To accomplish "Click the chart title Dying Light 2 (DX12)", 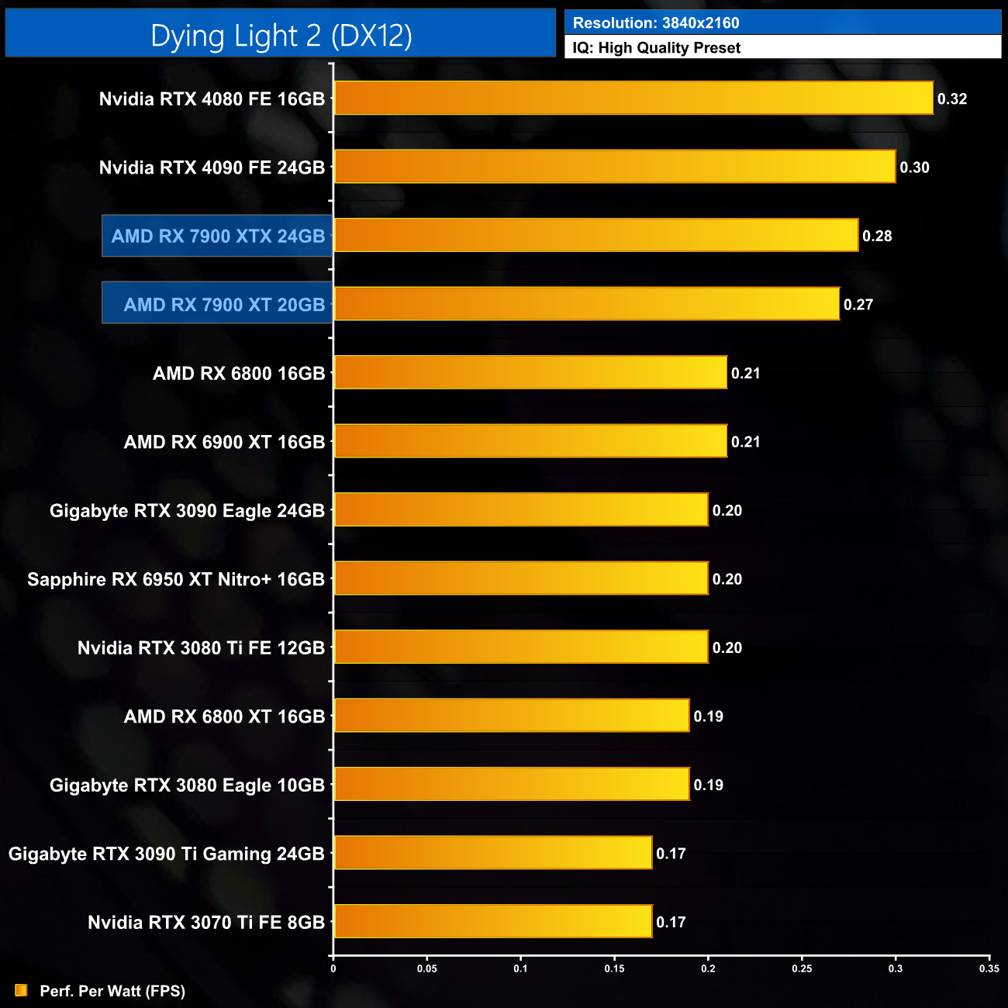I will (x=281, y=36).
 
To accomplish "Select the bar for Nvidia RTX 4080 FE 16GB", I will (x=633, y=98).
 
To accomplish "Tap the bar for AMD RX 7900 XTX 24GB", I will (x=595, y=236).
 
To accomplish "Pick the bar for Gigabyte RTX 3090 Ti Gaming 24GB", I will (x=492, y=853).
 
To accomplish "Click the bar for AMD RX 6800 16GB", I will (x=530, y=373).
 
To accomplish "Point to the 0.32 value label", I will (x=951, y=98).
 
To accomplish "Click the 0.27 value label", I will (x=858, y=305).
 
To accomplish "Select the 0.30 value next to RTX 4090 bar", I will (x=914, y=167).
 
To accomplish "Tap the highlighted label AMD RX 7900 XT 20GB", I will (x=224, y=305).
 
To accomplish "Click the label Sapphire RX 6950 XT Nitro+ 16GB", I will (x=176, y=579).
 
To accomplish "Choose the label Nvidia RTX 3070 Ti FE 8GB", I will (x=205, y=922).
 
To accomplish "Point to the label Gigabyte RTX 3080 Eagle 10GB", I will (x=187, y=785).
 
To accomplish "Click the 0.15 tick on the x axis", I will (x=614, y=968).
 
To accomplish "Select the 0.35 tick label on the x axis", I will (x=989, y=968).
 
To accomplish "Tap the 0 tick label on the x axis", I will (x=333, y=968).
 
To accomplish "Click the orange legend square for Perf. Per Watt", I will (x=21, y=990).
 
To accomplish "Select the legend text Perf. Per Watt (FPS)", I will (x=112, y=991).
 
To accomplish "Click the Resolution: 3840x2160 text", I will (x=656, y=23).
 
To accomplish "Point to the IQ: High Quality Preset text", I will (x=657, y=48).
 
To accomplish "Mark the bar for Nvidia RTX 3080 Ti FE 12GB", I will (x=521, y=647).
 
